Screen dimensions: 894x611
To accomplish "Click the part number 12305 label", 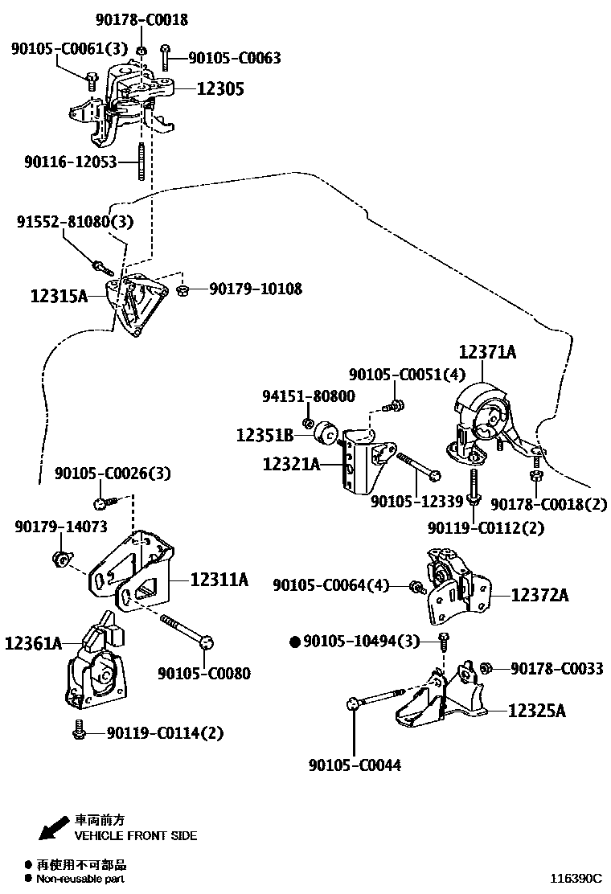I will pos(220,89).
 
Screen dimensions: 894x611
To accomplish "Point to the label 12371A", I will pos(487,351).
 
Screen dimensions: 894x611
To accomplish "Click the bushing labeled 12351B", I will pos(327,433).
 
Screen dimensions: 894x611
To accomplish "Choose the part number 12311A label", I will pos(219,579).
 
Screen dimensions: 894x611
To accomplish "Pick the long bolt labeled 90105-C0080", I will pos(185,629).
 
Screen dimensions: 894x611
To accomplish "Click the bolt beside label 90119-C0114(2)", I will pos(79,731).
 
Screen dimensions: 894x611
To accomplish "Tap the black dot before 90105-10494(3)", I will pos(295,641).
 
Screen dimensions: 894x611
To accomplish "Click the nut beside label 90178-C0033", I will pos(486,668).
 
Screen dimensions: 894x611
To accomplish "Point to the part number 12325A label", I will pos(538,711).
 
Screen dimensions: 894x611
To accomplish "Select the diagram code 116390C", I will pos(576,880).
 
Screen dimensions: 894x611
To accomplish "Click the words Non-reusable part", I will pos(80,880).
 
